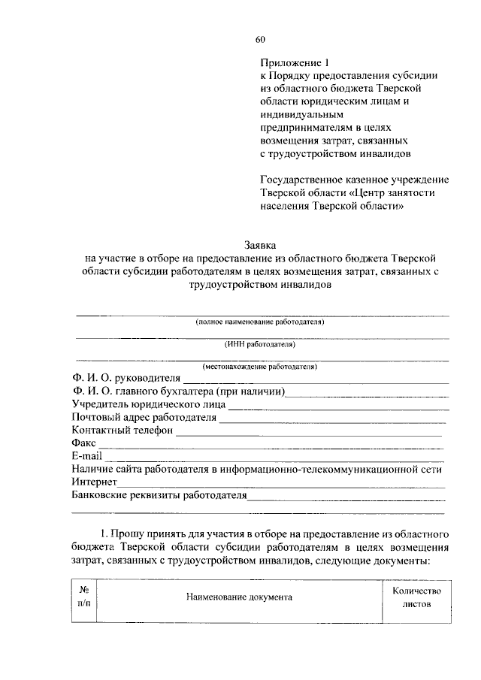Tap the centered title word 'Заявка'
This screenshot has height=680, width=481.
(x=260, y=245)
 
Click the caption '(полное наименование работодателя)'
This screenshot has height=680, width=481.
(x=260, y=322)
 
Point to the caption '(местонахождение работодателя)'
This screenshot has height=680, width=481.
(x=260, y=367)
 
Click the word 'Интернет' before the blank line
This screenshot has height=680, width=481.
(x=93, y=482)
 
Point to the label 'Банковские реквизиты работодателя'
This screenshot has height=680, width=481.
(x=159, y=496)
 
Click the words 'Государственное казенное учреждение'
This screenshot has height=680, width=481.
(x=355, y=180)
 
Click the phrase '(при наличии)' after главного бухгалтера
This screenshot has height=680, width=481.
(x=249, y=391)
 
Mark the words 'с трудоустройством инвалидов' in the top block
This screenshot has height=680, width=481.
(x=335, y=153)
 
